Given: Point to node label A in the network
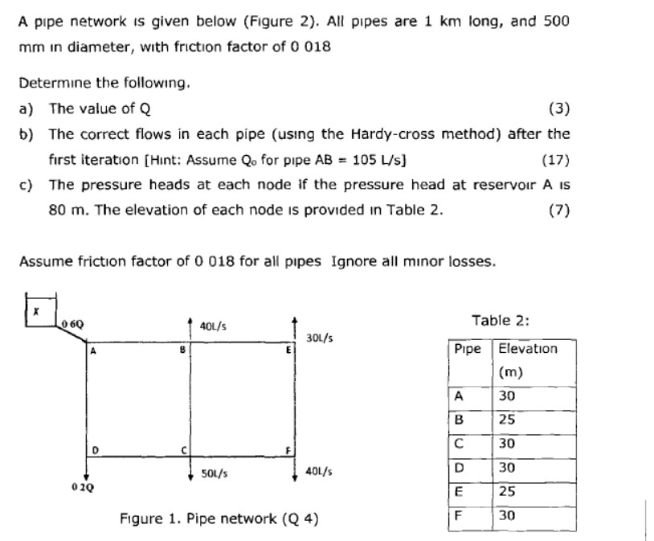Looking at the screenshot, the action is click(94, 350).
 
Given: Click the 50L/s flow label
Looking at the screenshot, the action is click(214, 473).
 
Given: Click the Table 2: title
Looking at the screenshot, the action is click(500, 321).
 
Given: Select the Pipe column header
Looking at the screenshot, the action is click(468, 350).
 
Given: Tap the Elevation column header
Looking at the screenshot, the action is click(527, 350).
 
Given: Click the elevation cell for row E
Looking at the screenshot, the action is click(508, 492).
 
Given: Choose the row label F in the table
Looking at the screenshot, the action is click(458, 516).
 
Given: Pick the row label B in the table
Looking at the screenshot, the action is click(458, 420).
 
